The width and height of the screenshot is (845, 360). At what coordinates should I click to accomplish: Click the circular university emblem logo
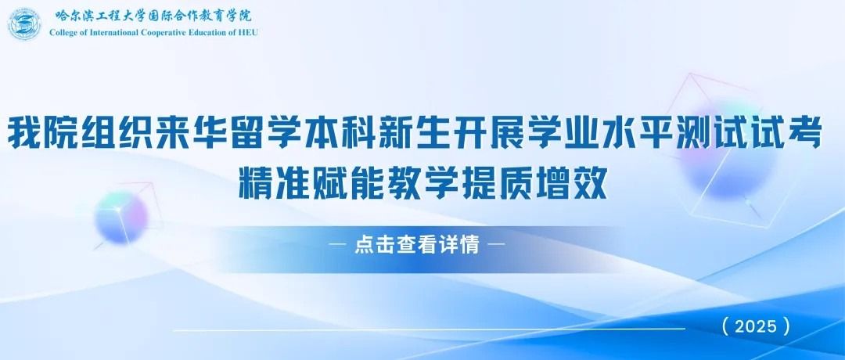click(x=24, y=24)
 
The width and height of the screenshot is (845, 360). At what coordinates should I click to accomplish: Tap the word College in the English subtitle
click(x=62, y=32)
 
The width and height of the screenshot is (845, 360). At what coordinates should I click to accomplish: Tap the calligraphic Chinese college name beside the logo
click(x=153, y=16)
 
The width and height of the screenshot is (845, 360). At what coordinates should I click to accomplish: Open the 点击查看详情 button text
click(x=416, y=245)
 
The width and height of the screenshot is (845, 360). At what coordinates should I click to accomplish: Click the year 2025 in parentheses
click(x=756, y=326)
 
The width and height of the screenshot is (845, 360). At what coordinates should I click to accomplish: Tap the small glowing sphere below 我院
click(x=120, y=218)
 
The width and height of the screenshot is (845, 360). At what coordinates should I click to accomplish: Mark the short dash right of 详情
click(x=495, y=245)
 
